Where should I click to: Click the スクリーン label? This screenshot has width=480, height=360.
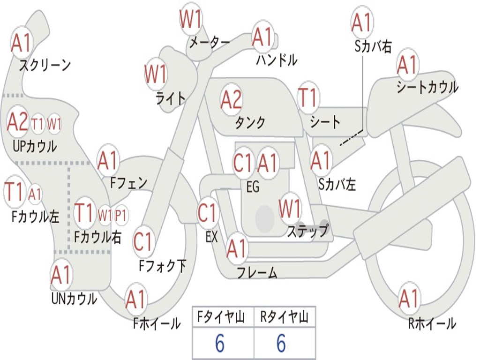tap(45, 65)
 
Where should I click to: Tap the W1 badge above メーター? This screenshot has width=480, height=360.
tap(191, 20)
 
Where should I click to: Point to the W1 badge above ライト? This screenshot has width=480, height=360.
tap(156, 74)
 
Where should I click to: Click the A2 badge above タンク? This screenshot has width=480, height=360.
tap(231, 99)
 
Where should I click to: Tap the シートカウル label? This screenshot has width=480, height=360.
tap(427, 87)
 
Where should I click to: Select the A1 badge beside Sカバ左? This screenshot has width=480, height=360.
tap(321, 160)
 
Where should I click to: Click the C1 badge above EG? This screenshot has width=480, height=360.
tap(243, 163)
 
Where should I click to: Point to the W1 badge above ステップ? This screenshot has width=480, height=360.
tap(290, 209)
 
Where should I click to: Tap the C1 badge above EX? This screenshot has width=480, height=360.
tap(208, 213)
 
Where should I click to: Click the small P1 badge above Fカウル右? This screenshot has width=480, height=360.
tap(121, 215)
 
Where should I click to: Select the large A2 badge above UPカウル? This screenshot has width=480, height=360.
tap(18, 122)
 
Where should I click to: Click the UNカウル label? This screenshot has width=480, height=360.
tap(74, 298)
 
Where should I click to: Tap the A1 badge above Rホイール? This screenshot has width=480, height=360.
tap(409, 299)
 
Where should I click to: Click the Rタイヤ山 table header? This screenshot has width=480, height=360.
tap(285, 318)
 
